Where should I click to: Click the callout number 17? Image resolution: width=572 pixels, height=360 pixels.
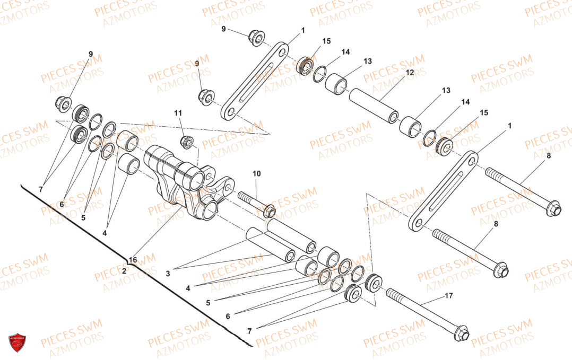[x=449, y=295]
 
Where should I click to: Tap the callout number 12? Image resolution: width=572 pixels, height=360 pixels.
[x=410, y=72]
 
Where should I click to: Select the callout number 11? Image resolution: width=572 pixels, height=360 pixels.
[x=178, y=113]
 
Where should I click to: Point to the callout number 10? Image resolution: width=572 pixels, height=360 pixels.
[x=257, y=173]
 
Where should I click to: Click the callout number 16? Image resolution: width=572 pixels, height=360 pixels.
[x=133, y=260]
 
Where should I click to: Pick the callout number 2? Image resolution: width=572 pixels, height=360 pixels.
[x=124, y=271]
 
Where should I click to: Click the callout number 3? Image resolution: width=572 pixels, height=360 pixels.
[x=168, y=274]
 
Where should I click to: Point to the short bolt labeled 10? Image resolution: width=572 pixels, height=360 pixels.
[x=257, y=205]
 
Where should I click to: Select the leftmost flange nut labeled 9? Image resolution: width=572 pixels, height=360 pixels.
[x=63, y=104]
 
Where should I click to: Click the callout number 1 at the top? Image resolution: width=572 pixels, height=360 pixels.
[x=303, y=31]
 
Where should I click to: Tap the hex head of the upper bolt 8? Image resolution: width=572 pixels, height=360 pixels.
[x=554, y=209]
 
